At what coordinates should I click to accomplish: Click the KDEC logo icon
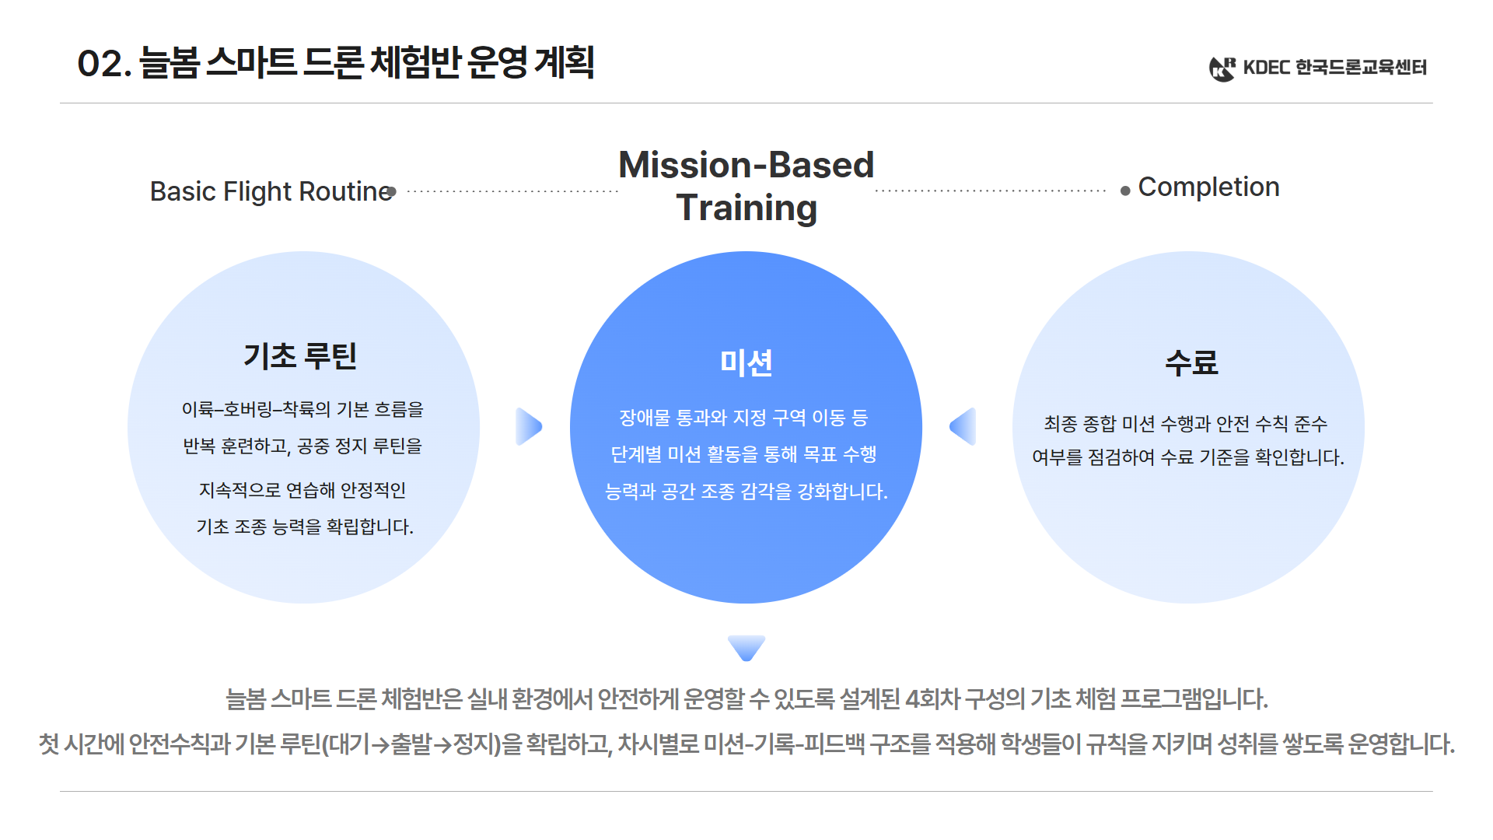coord(1222,68)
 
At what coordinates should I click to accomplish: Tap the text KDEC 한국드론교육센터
coord(1334,68)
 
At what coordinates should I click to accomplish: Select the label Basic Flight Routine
coord(271,191)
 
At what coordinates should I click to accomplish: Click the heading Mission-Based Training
coord(746,187)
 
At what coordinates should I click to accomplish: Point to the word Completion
coord(1208,187)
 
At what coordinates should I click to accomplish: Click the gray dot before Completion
coord(1125,191)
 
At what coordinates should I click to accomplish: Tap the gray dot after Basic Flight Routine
coord(392,191)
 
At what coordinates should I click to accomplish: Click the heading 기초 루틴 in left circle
coord(300,356)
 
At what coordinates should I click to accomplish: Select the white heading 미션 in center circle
coord(746,362)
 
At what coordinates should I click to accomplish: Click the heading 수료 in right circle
coord(1191,362)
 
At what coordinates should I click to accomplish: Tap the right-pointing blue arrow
coord(528,426)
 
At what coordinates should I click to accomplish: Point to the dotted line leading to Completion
coord(990,191)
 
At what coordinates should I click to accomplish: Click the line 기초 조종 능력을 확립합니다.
coord(304,527)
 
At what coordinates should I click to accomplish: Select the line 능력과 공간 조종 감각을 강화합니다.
coord(746,492)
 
